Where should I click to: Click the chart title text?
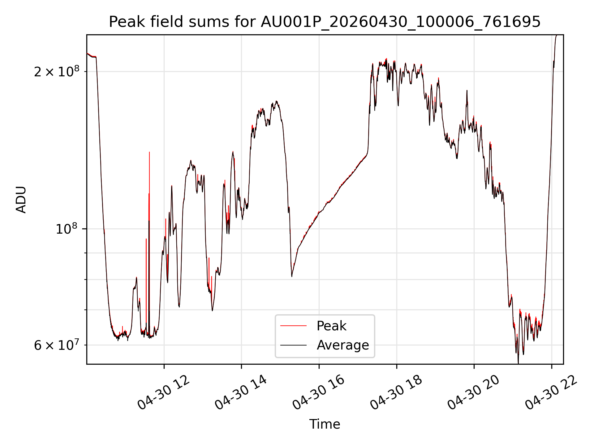pos(325,22)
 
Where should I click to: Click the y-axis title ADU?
pos(21,200)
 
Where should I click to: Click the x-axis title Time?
pos(325,424)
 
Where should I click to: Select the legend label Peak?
pos(331,326)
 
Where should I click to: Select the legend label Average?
pos(343,345)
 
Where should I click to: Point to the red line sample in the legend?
pos(293,326)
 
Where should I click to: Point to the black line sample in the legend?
pos(293,345)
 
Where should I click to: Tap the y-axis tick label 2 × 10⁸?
pos(57,71)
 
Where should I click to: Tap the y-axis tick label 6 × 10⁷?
pos(57,345)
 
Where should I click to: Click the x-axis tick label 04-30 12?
pos(164,392)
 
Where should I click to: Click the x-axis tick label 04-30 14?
pos(241,392)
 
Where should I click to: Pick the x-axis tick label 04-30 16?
pos(319,392)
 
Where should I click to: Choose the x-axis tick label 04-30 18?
pos(396,392)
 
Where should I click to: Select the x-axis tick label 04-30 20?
pos(474,392)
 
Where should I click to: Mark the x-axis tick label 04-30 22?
pos(551,392)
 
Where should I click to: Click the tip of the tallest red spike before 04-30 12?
pos(149,152)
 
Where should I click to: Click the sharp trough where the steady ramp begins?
pos(292,276)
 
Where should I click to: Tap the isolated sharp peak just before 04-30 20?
pos(467,91)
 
